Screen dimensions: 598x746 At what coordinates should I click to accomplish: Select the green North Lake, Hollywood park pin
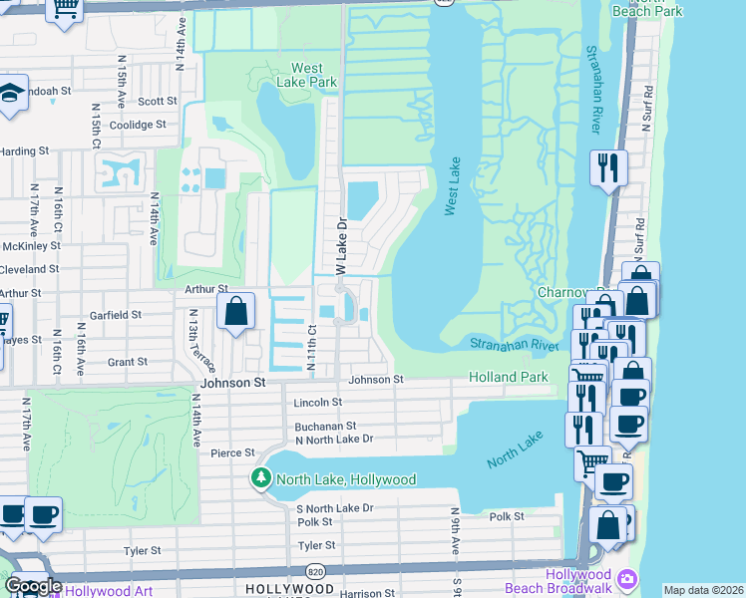(261, 479)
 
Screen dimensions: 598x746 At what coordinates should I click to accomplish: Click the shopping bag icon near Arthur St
(235, 310)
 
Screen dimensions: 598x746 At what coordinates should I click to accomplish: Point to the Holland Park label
(509, 377)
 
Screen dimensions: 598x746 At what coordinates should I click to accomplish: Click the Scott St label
(158, 101)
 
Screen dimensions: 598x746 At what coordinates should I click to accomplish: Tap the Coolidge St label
(138, 125)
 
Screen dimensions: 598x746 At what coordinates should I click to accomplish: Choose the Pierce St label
(233, 452)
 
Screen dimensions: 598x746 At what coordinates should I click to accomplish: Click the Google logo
(33, 586)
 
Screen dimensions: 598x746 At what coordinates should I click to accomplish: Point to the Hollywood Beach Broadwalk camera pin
(627, 579)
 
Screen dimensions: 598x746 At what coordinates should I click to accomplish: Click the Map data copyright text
(703, 590)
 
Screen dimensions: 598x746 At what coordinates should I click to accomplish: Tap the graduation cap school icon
(12, 95)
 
